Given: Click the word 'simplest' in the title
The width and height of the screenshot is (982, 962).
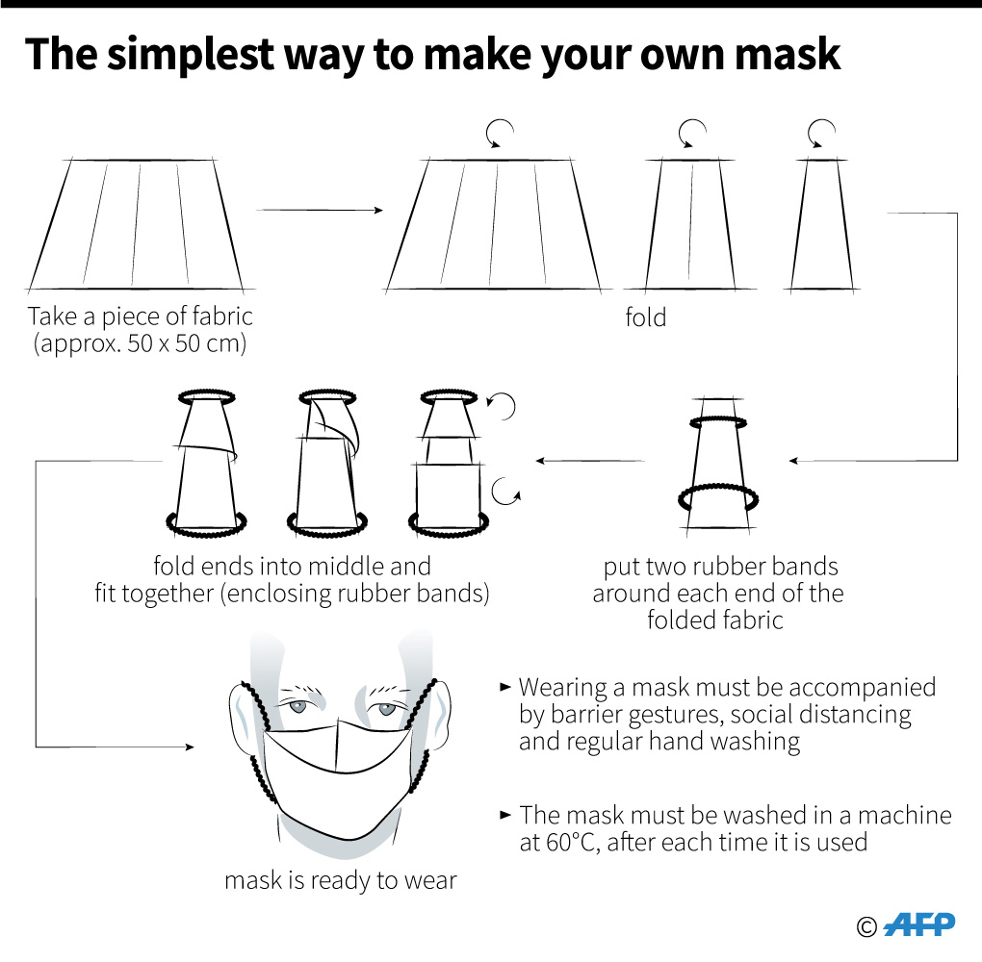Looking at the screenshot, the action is pyautogui.click(x=191, y=55).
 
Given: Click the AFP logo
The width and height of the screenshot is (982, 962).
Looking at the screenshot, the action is pyautogui.click(x=919, y=925).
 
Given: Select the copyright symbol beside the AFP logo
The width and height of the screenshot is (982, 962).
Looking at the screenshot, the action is pyautogui.click(x=866, y=927).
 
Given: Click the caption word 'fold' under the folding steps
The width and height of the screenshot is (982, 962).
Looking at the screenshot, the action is pyautogui.click(x=646, y=317).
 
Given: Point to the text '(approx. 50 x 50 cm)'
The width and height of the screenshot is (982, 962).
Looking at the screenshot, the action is pyautogui.click(x=140, y=343).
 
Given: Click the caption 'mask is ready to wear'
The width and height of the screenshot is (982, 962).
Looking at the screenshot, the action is pyautogui.click(x=341, y=880).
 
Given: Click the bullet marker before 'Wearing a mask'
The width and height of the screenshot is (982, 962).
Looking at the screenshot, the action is pyautogui.click(x=505, y=687).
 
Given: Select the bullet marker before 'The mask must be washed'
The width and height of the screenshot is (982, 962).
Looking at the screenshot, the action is pyautogui.click(x=505, y=814).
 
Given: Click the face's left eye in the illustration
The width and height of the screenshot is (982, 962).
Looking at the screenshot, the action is pyautogui.click(x=297, y=707).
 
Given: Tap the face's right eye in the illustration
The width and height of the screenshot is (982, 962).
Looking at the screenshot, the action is pyautogui.click(x=386, y=709).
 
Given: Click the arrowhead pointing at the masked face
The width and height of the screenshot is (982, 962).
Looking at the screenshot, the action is pyautogui.click(x=190, y=747).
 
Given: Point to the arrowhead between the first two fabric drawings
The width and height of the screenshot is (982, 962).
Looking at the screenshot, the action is pyautogui.click(x=378, y=211).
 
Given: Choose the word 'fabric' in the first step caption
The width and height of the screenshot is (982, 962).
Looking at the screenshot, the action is pyautogui.click(x=222, y=316).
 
